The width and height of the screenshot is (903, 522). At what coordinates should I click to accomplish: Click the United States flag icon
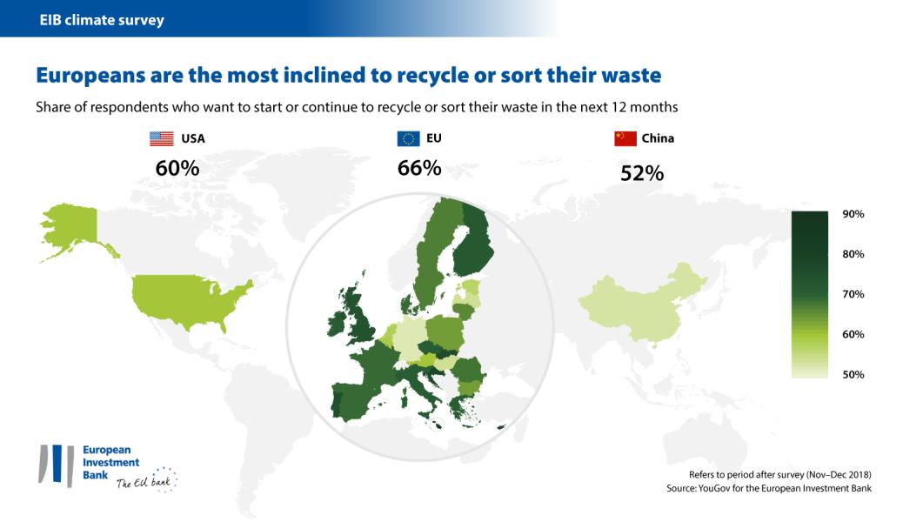161,137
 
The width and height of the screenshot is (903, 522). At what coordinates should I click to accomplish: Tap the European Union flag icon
407,137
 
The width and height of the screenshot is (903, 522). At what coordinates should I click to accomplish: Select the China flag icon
625,137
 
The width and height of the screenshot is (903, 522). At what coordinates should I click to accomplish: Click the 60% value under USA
177,168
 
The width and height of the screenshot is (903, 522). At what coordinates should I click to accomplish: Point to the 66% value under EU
419,168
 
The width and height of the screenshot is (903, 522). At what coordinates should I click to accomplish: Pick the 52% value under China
642,173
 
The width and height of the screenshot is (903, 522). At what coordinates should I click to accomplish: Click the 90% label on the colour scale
852,214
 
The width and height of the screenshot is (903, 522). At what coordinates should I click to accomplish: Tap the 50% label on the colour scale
852,374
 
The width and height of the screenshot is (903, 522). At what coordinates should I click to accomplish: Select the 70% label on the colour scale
852,294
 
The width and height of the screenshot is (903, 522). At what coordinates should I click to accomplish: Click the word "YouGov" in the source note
726,489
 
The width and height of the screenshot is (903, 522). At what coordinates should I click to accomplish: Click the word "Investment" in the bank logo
110,463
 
